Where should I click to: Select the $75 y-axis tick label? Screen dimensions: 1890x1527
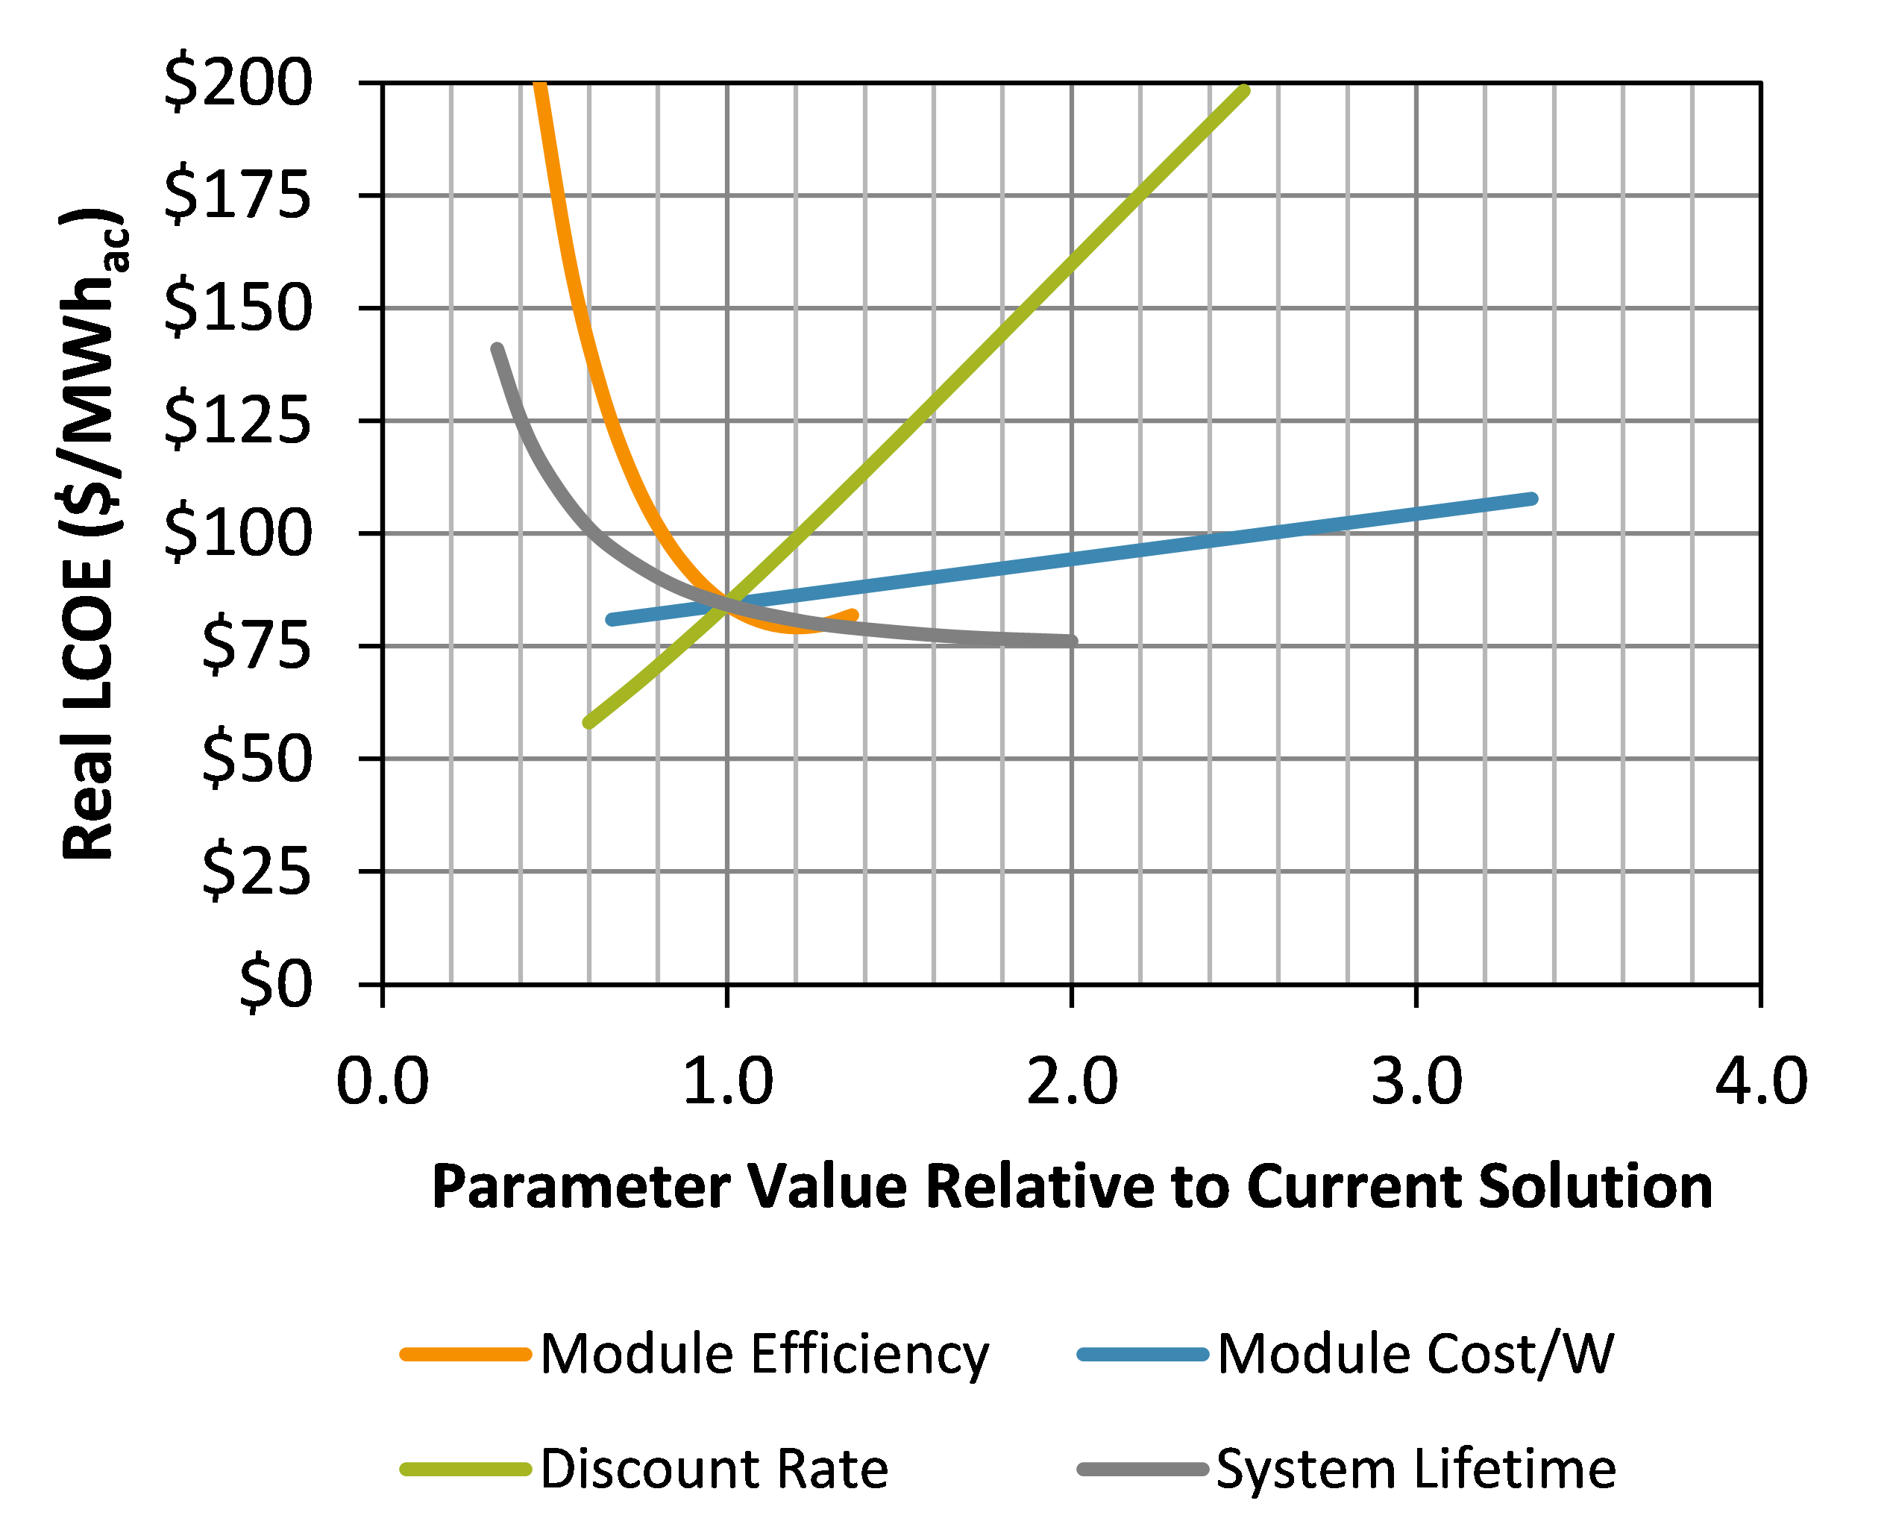pos(257,645)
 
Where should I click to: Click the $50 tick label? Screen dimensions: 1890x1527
pos(257,757)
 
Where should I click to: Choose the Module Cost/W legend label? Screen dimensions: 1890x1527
pos(1416,1355)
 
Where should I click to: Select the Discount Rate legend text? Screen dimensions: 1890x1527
pos(714,1470)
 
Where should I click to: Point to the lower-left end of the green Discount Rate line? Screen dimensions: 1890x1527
pos(588,723)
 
